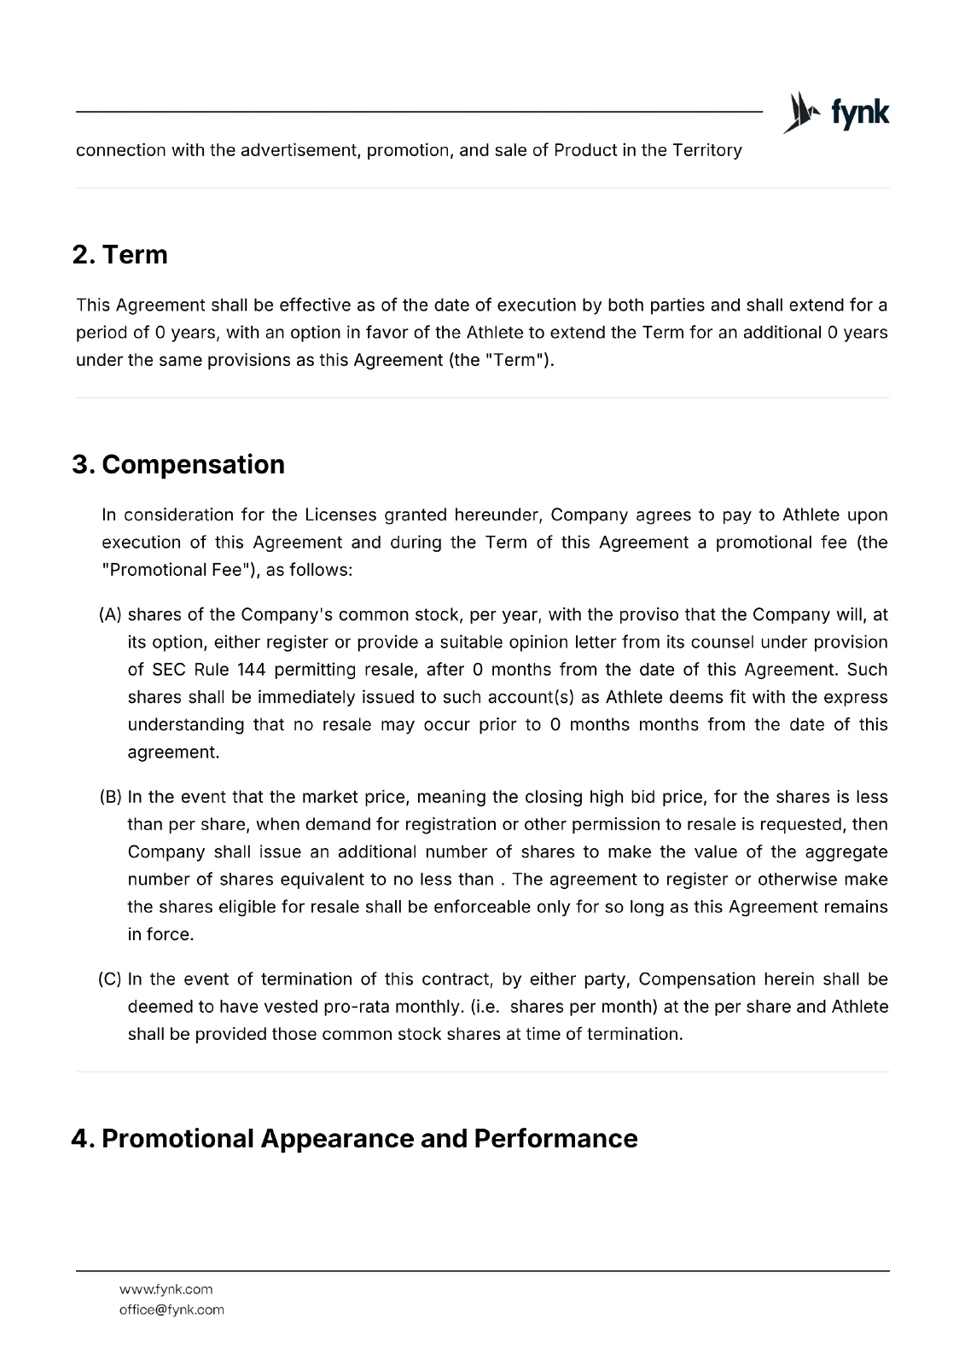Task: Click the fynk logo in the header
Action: pyautogui.click(x=836, y=113)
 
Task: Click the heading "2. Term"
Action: pyautogui.click(x=120, y=254)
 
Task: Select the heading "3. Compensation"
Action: pyautogui.click(x=178, y=464)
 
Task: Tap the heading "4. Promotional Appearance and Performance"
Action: pyautogui.click(x=354, y=1138)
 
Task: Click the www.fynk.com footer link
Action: pyautogui.click(x=166, y=1289)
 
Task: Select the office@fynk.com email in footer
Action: pyautogui.click(x=171, y=1310)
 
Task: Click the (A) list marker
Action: pyautogui.click(x=111, y=614)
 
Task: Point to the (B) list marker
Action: pyautogui.click(x=111, y=797)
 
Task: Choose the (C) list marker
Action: pyautogui.click(x=111, y=979)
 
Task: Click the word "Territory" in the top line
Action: pyautogui.click(x=706, y=150)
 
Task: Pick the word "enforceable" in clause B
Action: pyautogui.click(x=482, y=907)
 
